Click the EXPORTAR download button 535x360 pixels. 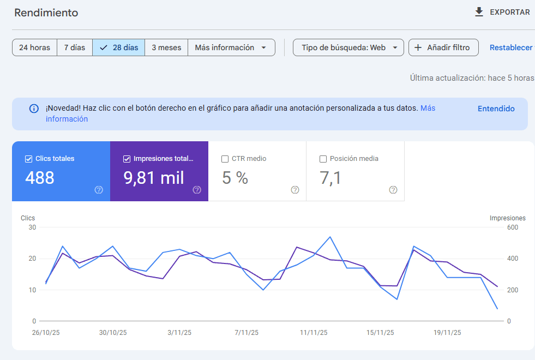(502, 12)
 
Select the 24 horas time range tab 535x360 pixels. (34, 47)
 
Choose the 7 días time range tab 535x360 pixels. (75, 47)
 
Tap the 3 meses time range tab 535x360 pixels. (166, 47)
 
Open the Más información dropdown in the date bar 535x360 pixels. (231, 47)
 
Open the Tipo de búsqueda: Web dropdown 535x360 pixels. (348, 47)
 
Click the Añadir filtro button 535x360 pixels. (443, 47)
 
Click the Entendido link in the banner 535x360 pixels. (496, 109)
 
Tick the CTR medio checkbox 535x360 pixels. (225, 159)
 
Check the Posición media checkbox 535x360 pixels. (323, 159)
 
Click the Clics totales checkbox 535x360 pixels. (28, 159)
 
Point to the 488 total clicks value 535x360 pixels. (40, 178)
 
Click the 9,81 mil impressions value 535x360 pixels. (154, 178)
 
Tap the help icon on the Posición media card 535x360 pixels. (393, 190)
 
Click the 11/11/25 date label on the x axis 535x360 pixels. (314, 333)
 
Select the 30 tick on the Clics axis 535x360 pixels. (32, 227)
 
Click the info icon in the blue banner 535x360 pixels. (34, 109)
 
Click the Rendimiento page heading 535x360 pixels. (46, 13)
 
